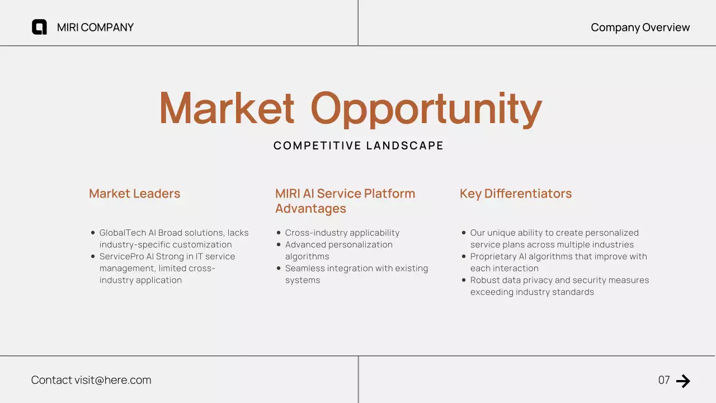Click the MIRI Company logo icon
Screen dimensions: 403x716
coord(39,27)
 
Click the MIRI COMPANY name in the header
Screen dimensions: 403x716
coord(95,27)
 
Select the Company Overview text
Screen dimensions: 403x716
coord(640,27)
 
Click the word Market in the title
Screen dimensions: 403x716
coord(227,108)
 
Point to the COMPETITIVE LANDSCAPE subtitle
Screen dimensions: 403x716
coord(358,146)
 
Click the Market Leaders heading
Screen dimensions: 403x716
coord(134,194)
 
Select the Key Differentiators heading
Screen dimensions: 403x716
coord(515,194)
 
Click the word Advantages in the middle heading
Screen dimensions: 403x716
coord(310,209)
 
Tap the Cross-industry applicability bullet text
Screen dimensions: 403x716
coord(342,233)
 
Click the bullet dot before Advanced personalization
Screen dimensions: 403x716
coord(279,245)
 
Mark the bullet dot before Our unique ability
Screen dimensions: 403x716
coord(464,233)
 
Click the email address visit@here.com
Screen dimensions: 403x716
coord(112,380)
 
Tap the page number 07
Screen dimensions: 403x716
coord(664,381)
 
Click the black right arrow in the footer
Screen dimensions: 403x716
coord(683,381)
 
